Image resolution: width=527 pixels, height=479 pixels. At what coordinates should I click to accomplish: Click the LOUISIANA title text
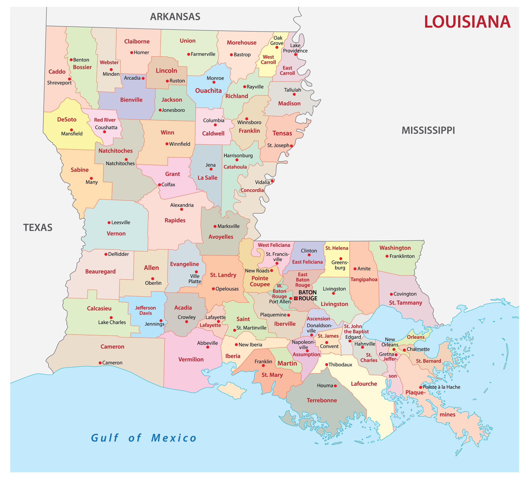[467, 22]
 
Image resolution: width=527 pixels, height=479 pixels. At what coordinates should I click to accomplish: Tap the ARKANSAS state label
[175, 17]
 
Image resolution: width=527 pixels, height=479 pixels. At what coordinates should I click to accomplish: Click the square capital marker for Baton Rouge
[296, 298]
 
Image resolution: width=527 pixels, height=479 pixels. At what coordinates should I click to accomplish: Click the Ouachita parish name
[208, 91]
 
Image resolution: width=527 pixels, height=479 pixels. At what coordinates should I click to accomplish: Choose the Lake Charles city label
[112, 322]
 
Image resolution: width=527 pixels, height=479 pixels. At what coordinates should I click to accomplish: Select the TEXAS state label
[38, 228]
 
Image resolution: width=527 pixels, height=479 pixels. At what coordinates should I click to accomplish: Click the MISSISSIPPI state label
[428, 130]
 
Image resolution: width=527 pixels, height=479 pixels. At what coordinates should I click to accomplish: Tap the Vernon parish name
[116, 234]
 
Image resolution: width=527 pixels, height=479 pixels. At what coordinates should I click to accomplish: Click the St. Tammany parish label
[406, 303]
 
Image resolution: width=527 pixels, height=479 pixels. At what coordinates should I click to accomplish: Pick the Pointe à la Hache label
[441, 387]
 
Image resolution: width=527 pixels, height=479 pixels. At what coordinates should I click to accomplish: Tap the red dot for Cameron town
[100, 363]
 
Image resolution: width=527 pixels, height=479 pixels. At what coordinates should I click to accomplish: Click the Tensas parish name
[282, 133]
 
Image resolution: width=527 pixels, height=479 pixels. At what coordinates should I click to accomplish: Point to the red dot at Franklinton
[387, 256]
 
